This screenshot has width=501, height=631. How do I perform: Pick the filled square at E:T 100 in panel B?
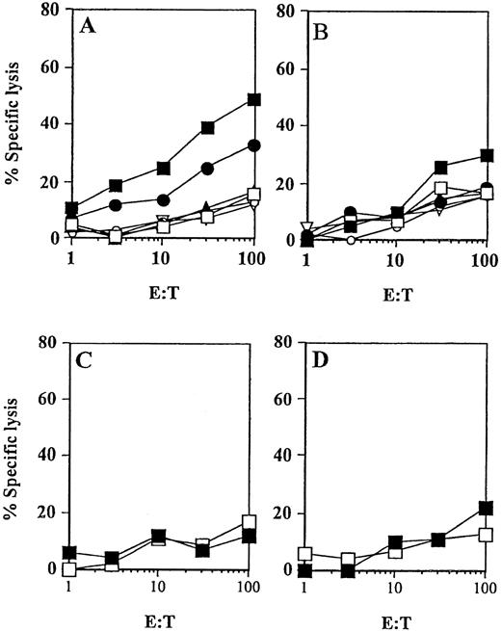[x=487, y=155]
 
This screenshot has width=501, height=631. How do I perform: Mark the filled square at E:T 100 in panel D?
[x=487, y=508]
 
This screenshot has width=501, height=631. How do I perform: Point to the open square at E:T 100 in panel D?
[x=487, y=534]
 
